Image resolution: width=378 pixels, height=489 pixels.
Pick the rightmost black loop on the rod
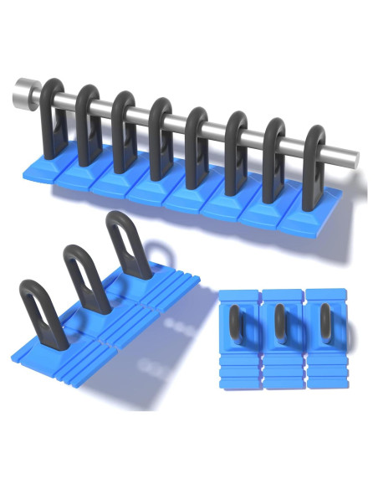coord(315,159)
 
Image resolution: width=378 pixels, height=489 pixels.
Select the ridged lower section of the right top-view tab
coord(324,372)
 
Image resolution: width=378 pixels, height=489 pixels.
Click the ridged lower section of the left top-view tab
coord(238,372)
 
